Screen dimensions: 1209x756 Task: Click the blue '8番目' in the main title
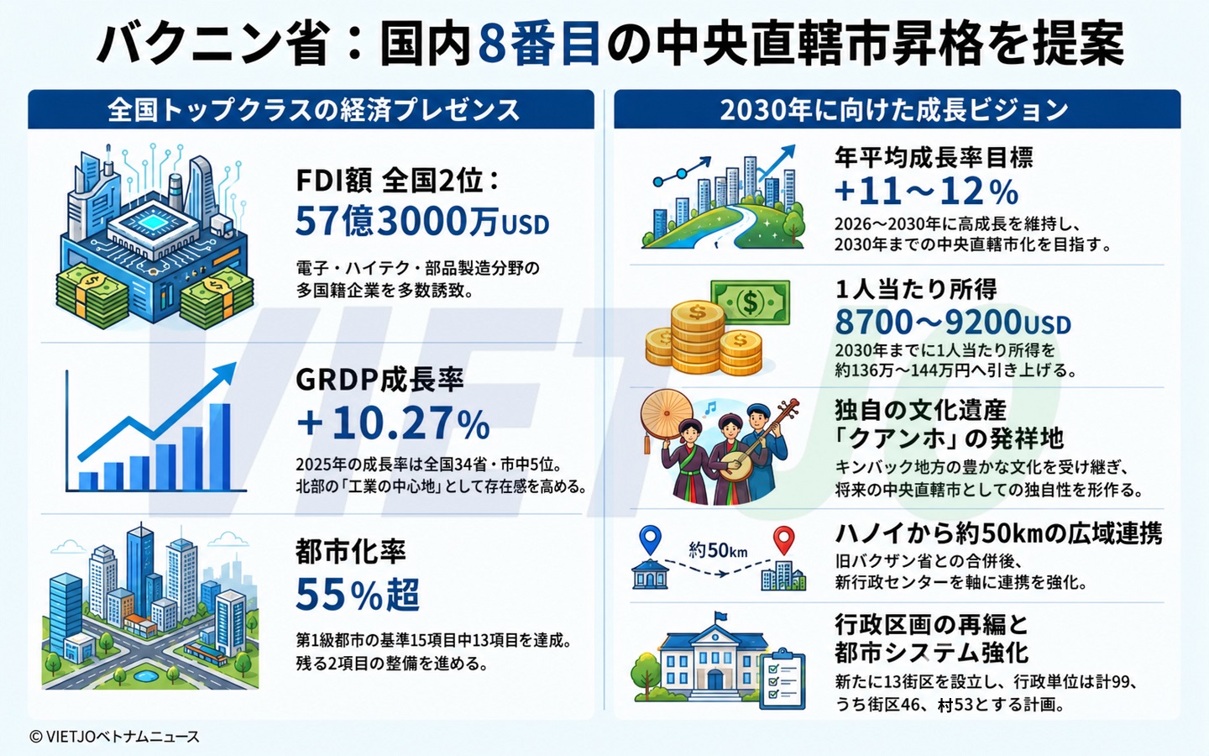(540, 44)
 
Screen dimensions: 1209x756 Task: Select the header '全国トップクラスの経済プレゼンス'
(314, 110)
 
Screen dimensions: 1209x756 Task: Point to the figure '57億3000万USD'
(422, 222)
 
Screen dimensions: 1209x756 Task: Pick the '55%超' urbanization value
(358, 595)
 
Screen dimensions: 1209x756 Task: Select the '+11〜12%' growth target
(926, 192)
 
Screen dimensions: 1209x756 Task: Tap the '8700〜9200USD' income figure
(953, 323)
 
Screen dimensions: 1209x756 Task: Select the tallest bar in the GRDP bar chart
(220, 446)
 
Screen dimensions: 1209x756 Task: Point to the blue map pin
(651, 540)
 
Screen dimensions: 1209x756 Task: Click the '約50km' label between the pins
(718, 550)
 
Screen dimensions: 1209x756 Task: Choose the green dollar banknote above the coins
(750, 302)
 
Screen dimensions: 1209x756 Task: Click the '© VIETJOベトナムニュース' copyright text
(114, 737)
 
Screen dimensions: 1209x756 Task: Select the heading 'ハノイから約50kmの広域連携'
(998, 534)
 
